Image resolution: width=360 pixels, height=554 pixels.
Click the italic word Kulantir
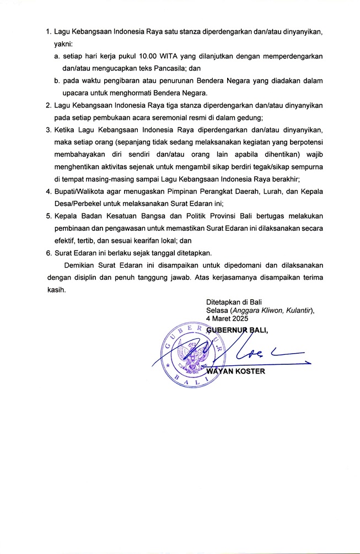coord(297,311)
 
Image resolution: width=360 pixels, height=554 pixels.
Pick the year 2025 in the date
coord(239,318)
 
